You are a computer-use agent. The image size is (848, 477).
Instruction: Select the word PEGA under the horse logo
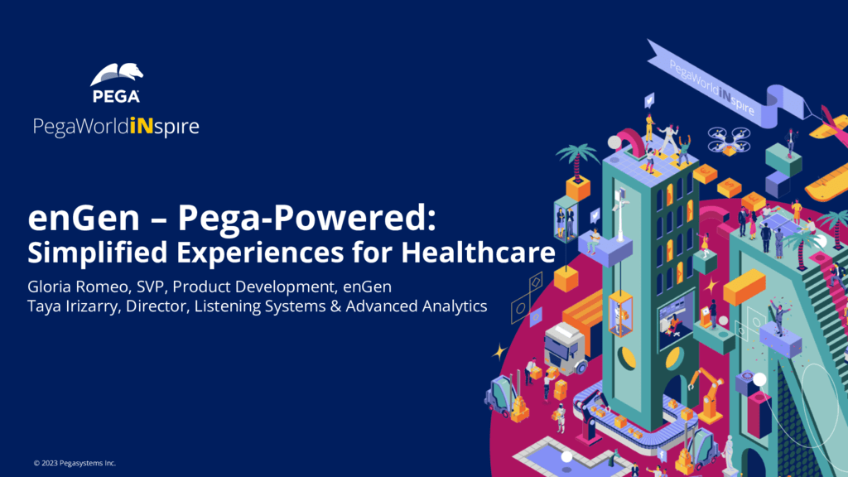pyautogui.click(x=116, y=97)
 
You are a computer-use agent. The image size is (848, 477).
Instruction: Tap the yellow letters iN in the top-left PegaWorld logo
pyautogui.click(x=140, y=128)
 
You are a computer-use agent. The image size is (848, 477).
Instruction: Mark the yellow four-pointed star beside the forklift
pyautogui.click(x=499, y=351)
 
